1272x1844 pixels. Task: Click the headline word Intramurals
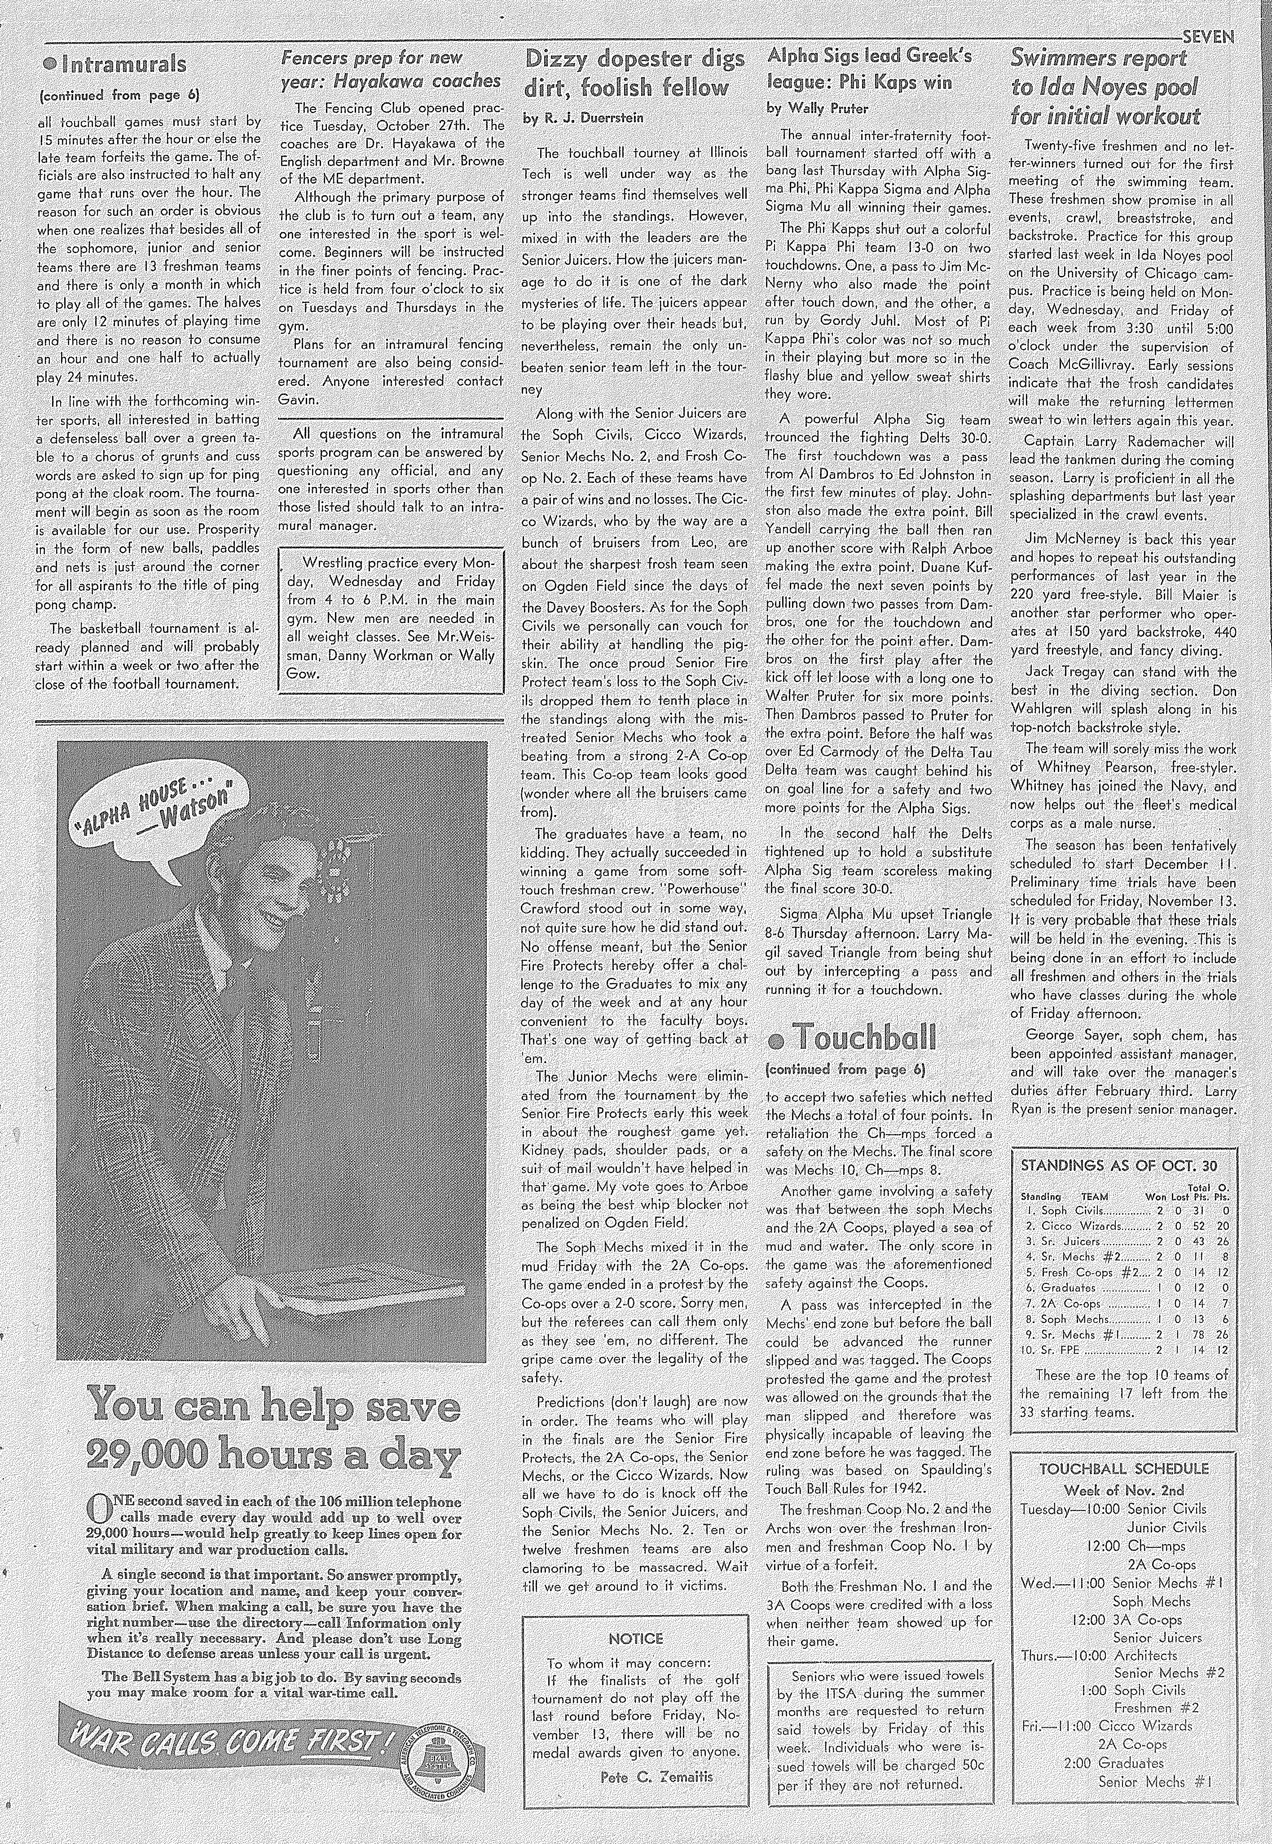[x=123, y=64]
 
